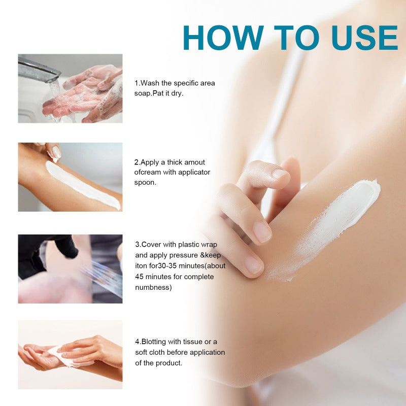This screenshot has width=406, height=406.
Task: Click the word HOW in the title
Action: [x=223, y=37]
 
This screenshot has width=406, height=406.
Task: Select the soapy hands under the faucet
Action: [x=86, y=94]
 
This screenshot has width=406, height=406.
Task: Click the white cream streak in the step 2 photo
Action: [x=81, y=186]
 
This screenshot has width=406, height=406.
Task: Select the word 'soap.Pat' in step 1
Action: [x=152, y=93]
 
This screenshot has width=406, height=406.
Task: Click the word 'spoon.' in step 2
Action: [x=146, y=182]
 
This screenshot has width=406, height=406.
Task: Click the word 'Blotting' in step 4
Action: [x=153, y=342]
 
